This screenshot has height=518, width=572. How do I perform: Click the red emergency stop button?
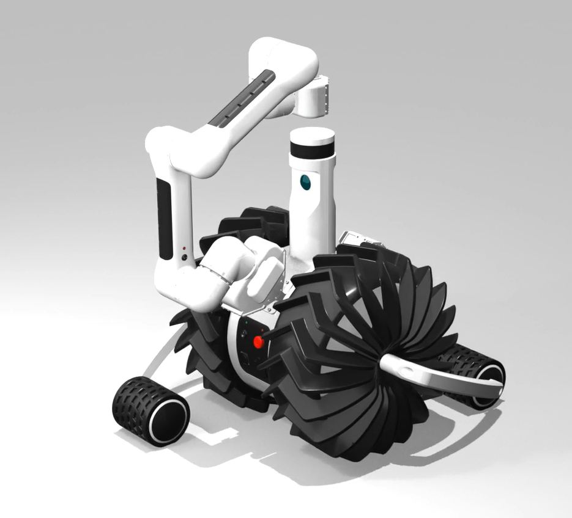(258, 342)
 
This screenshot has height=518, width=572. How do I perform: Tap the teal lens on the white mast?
(304, 181)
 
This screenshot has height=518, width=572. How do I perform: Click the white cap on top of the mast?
(312, 134)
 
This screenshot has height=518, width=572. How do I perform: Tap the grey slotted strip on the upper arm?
(242, 100)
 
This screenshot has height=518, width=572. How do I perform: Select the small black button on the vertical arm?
(184, 257)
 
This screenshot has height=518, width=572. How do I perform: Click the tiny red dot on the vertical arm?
(184, 248)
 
